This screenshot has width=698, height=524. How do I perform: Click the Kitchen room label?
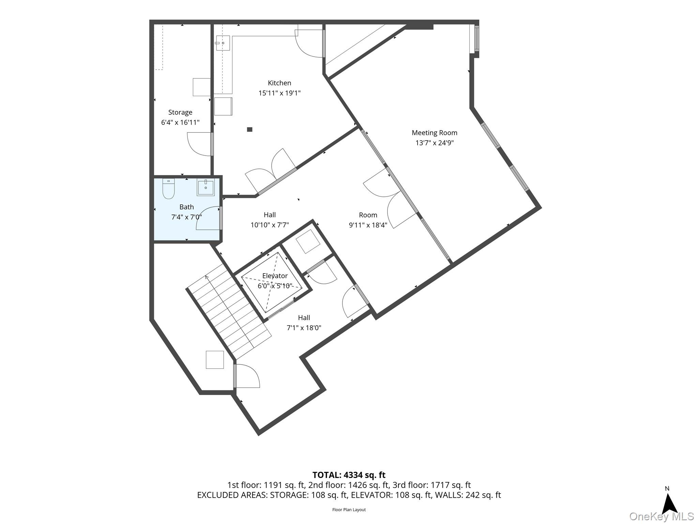(279, 83)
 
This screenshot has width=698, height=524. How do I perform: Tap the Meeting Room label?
(434, 133)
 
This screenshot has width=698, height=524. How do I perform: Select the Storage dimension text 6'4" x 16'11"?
(180, 122)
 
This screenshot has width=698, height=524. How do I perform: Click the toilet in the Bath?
(168, 188)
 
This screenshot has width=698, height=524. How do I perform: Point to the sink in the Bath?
(206, 188)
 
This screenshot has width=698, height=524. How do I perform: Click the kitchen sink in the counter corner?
(223, 43)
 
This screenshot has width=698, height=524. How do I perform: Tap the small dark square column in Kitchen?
(249, 129)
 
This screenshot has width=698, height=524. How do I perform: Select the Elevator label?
(275, 276)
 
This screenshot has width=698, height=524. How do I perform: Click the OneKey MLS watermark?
(661, 516)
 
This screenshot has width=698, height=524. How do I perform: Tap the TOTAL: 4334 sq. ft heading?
(349, 475)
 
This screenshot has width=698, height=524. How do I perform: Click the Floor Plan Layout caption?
(349, 510)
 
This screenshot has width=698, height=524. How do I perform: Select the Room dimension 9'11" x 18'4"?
(368, 225)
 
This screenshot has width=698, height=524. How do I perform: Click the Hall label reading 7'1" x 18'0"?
(304, 323)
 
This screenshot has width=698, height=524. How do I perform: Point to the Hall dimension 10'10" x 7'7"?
(270, 225)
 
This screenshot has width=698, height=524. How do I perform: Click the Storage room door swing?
(199, 144)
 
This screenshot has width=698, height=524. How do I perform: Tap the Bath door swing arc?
(209, 218)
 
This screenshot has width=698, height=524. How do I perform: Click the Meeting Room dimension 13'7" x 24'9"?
(434, 143)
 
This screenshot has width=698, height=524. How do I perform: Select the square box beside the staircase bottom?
(215, 360)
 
